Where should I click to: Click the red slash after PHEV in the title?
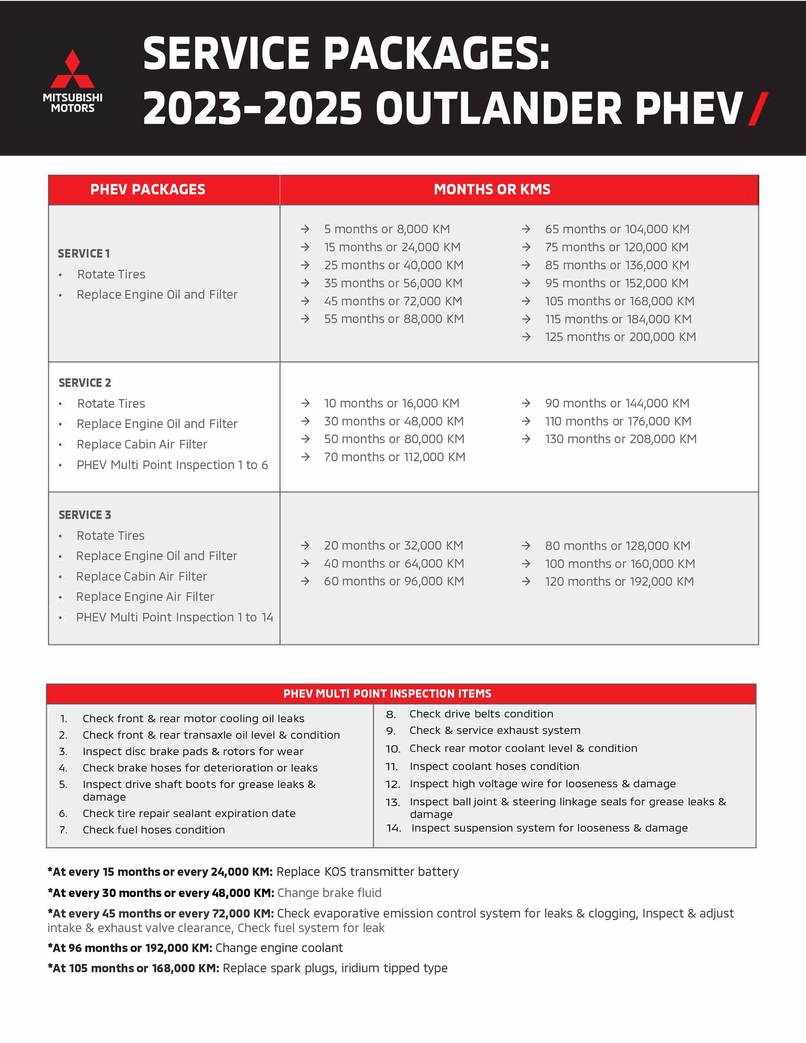[758, 109]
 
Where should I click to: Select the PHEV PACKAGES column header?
[148, 189]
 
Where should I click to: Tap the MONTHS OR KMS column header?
[492, 189]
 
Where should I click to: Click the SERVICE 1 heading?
[83, 254]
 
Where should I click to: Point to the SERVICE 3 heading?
[85, 515]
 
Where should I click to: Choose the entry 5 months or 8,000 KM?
[387, 229]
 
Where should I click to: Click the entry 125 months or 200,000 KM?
[620, 337]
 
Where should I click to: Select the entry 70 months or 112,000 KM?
[394, 457]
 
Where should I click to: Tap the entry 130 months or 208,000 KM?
[621, 439]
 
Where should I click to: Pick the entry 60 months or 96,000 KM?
[394, 581]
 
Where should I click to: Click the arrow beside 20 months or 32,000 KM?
[305, 545]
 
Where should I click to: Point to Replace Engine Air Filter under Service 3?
[145, 597]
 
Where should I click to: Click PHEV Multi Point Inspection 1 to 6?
[172, 465]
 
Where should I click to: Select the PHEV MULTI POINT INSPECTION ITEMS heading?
[387, 693]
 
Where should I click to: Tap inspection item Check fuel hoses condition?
[154, 830]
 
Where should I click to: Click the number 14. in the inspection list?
[394, 828]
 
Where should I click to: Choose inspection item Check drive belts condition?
[481, 714]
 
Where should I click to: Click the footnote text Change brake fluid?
[330, 893]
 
